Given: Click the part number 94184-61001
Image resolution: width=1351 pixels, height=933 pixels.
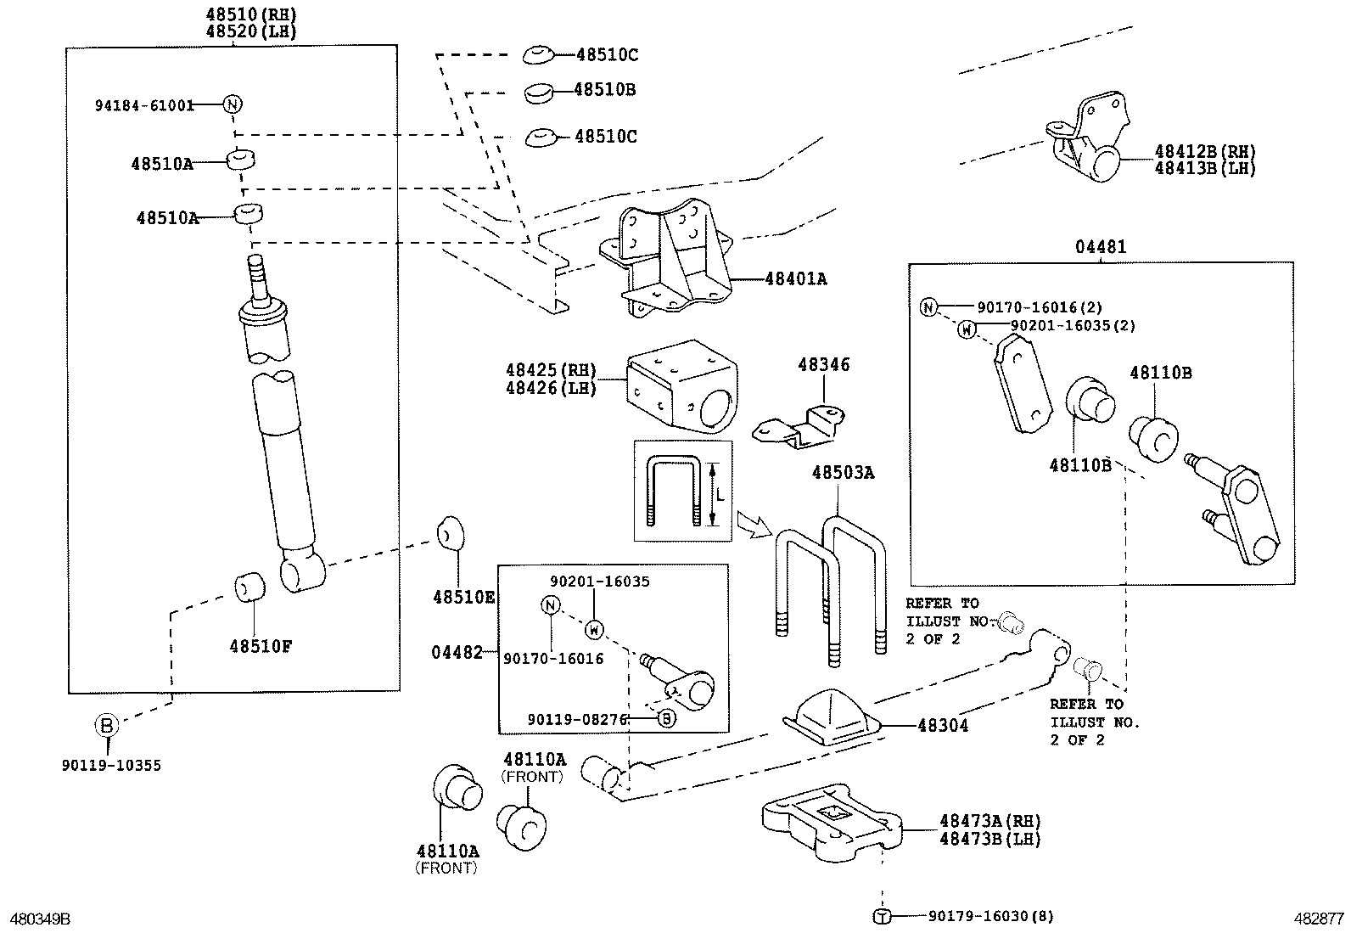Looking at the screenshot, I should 143,105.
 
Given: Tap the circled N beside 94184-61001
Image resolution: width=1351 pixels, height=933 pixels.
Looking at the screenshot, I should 233,104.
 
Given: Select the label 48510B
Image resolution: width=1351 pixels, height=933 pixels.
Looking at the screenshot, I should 604,89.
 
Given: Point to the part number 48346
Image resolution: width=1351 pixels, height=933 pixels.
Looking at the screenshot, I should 823,365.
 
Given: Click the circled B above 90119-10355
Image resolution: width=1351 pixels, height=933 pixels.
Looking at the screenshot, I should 106,726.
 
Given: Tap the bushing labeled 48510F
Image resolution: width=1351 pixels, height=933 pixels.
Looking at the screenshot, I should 248,586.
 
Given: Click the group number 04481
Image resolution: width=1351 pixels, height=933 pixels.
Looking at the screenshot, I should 1101,247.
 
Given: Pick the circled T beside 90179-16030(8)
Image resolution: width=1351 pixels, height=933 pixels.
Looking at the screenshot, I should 882,916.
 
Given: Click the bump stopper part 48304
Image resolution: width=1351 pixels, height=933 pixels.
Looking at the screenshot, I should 832,717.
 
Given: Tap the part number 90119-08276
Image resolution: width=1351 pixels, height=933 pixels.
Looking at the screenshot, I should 576,719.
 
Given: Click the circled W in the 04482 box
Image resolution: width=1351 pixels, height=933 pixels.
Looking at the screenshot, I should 594,630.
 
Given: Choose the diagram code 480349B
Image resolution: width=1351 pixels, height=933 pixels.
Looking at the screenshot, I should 39,919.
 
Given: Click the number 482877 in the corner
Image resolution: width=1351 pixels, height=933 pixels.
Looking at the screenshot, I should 1319,919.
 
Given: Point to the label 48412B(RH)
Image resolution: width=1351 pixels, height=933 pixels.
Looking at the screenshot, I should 1204,152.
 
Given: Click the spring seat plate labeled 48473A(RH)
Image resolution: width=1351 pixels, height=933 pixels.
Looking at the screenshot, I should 832,823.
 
